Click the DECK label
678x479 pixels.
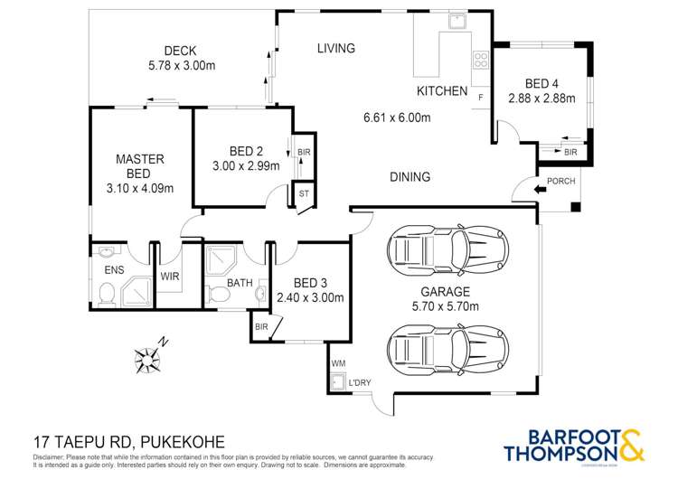click(x=181, y=51)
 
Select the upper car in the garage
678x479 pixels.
click(x=447, y=246)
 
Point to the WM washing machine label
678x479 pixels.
click(x=339, y=363)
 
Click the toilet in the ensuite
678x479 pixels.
click(x=108, y=291)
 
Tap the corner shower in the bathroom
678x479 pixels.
click(x=221, y=261)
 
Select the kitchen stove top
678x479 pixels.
click(x=479, y=62)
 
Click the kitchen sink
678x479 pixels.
click(x=457, y=21)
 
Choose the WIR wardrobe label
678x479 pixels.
click(x=170, y=276)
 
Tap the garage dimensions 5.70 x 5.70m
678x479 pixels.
click(x=445, y=306)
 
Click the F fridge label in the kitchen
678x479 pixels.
click(x=481, y=96)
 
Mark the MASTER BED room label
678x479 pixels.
click(x=140, y=165)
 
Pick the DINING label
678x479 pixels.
click(x=410, y=177)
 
